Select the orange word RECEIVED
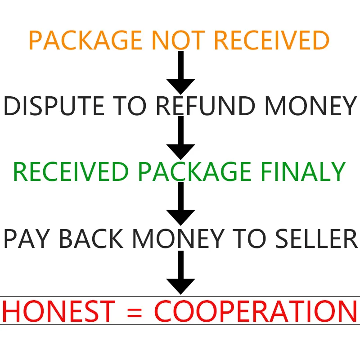click(272, 40)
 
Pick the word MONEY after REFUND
click(310, 106)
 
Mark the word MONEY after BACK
click(180, 238)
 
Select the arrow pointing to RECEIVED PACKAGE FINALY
click(180, 137)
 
